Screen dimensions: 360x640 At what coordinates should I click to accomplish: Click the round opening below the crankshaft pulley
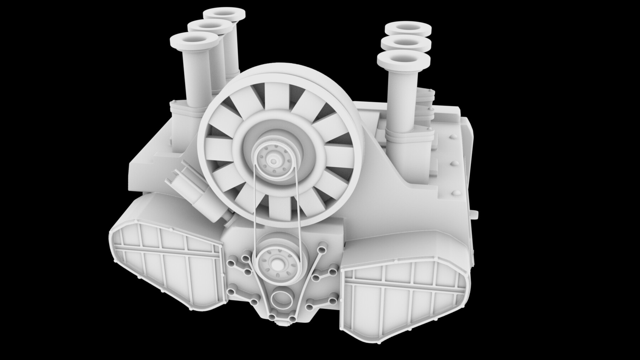[x=281, y=298]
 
